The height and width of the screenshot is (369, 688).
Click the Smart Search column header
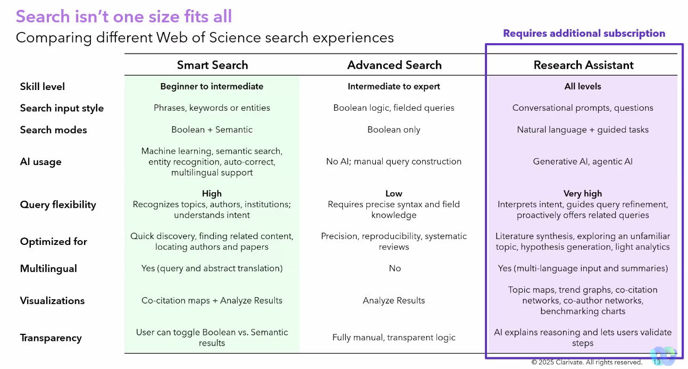tap(212, 65)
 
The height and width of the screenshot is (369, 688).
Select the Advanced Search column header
tap(394, 65)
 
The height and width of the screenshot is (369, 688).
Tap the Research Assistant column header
tap(583, 65)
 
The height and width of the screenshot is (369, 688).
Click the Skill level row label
tap(43, 86)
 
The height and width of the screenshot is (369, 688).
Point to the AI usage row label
tap(40, 162)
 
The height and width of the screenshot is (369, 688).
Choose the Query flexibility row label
tap(58, 204)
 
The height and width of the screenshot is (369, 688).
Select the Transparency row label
tap(51, 338)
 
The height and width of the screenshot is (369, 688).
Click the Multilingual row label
tap(48, 268)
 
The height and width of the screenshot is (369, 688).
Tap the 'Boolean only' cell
tap(393, 129)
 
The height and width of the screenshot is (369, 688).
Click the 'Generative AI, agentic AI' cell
tap(583, 161)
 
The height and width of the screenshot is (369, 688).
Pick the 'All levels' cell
tap(583, 86)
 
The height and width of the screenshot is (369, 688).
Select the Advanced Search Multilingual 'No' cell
tap(395, 268)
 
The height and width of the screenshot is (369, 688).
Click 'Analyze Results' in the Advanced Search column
tap(393, 300)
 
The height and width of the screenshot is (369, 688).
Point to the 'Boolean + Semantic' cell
tap(212, 129)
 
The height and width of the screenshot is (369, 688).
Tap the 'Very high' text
tap(583, 194)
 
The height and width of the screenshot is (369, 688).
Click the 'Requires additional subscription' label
tap(584, 34)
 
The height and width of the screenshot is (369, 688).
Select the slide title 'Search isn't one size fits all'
tap(124, 17)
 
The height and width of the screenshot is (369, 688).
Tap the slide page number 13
tap(657, 362)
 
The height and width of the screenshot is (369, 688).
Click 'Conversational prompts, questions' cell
tap(583, 108)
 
